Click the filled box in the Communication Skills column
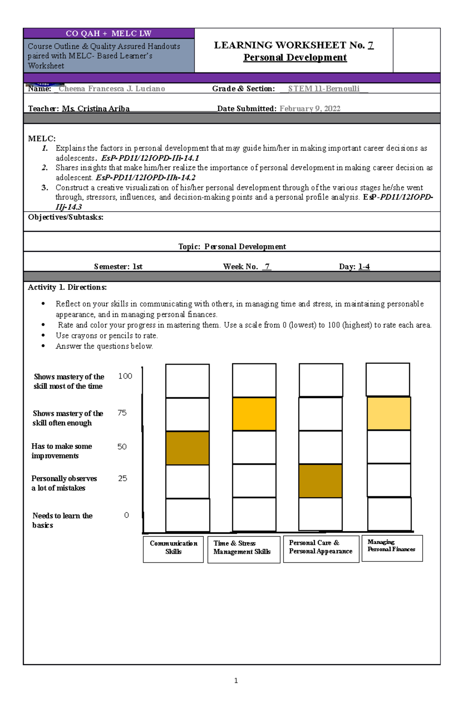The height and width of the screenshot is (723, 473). tap(187, 448)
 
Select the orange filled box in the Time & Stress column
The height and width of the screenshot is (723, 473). tap(254, 414)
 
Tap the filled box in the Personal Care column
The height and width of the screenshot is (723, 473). tap(320, 481)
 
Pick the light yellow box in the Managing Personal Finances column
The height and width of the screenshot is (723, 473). tap(389, 413)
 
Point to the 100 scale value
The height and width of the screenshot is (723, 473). tap(125, 376)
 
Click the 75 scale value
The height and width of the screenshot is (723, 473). tap(122, 413)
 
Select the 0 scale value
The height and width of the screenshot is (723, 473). tap(127, 515)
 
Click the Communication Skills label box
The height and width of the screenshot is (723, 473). tap(173, 548)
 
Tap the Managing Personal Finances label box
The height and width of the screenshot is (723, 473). tap(392, 548)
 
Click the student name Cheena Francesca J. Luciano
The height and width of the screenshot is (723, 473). tap(112, 89)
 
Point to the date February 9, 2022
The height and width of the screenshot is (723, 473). tap(310, 109)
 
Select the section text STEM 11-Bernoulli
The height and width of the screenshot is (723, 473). tap(324, 89)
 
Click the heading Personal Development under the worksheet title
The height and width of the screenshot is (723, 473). tap(295, 58)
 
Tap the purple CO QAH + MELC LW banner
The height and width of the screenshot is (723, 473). tap(109, 33)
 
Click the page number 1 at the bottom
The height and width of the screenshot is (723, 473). tap(236, 680)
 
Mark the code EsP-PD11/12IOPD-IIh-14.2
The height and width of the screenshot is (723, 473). tap(145, 178)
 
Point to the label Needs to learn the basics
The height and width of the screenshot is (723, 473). tap(62, 520)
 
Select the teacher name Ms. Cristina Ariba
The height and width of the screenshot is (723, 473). tap(96, 109)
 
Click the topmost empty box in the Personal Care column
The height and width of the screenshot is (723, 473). tap(321, 380)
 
